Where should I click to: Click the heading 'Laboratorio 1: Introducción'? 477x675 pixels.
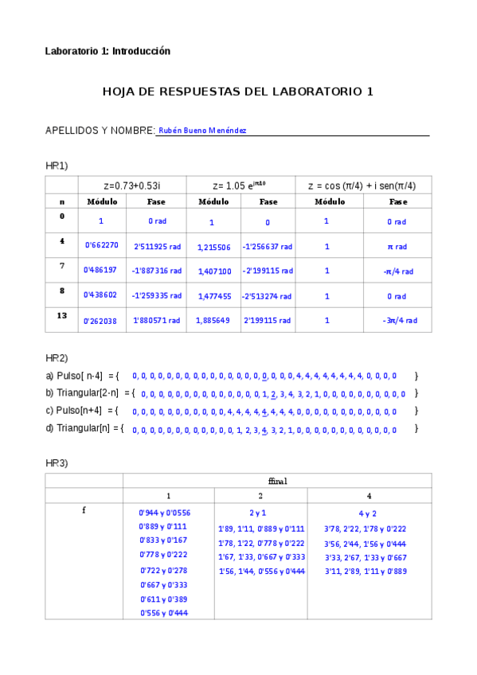(108, 51)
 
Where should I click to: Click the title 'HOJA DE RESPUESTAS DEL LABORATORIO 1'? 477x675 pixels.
(238, 92)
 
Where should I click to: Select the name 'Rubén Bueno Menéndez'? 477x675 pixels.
(202, 131)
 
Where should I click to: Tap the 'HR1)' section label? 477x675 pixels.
(57, 166)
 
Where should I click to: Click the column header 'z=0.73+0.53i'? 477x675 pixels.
(137, 185)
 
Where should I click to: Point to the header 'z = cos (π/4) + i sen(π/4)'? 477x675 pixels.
(362, 185)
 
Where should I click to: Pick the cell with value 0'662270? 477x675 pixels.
(101, 246)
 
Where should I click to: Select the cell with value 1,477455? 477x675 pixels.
(213, 296)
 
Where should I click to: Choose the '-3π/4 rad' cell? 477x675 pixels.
(397, 321)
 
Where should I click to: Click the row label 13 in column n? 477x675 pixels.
(62, 316)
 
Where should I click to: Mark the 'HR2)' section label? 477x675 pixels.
(57, 357)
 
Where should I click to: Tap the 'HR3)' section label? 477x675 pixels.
(57, 462)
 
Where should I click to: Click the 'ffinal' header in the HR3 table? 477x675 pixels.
(277, 481)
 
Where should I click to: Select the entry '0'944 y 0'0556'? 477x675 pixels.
(165, 513)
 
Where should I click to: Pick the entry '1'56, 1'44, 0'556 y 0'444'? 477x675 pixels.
(261, 572)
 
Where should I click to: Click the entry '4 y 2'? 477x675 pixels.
(368, 513)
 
